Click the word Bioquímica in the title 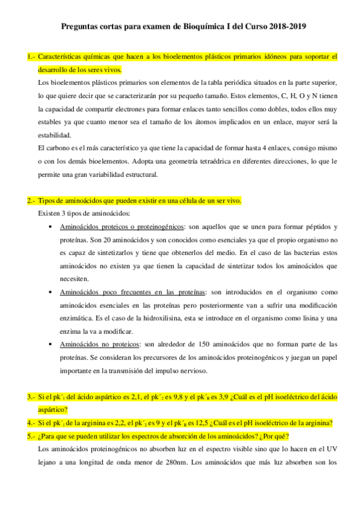coord(200,28)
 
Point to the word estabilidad coord(53,135)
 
